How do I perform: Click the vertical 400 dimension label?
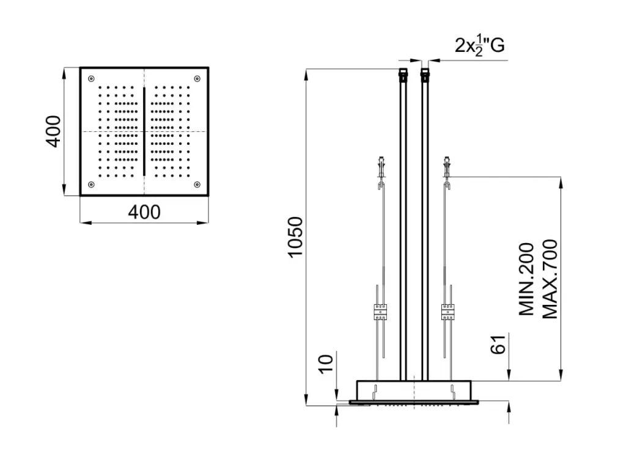53,131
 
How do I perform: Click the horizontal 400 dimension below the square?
144,212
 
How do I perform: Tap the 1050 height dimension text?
296,238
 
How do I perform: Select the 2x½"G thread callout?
479,46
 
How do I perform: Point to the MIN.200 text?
526,279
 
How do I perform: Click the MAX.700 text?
550,279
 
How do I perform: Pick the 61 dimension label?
498,345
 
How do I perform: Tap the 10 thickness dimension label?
326,363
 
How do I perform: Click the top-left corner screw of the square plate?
92,79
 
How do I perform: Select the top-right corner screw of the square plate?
197,79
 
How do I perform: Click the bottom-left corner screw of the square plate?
92,184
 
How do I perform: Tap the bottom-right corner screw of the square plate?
197,184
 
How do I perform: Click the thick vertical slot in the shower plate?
144,131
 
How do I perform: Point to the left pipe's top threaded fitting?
403,75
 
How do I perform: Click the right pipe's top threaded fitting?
425,75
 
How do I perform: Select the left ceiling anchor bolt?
382,167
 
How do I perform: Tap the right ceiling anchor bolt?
447,167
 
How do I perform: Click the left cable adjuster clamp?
380,312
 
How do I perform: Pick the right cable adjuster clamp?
447,312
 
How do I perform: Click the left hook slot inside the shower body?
375,391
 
